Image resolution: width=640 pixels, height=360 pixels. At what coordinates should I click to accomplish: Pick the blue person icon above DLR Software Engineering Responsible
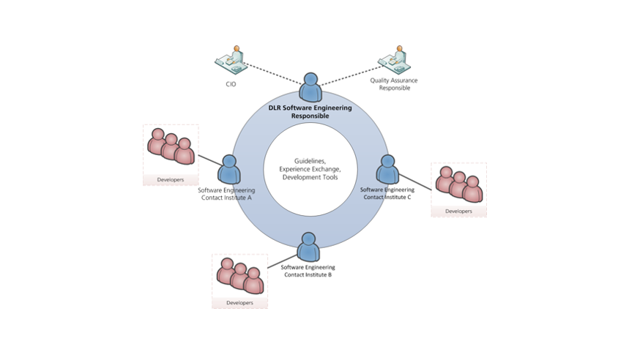click(312, 88)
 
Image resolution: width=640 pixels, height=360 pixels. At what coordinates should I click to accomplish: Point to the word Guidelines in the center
click(310, 160)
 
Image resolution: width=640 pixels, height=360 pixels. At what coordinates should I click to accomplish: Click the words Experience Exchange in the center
click(310, 168)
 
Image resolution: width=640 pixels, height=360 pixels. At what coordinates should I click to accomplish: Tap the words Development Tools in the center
click(310, 177)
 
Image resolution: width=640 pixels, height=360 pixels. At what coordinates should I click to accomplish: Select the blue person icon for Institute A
click(228, 170)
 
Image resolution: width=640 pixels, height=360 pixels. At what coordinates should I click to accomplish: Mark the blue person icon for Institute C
click(387, 170)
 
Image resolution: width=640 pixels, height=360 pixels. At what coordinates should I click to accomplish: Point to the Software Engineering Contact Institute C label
click(387, 193)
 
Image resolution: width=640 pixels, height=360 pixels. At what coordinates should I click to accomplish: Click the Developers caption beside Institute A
click(170, 179)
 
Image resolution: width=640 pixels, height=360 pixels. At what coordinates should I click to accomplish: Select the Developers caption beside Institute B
click(239, 302)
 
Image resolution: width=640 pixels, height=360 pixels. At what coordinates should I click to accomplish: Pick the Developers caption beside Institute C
click(458, 211)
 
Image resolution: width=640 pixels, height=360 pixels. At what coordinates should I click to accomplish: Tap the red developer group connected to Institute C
click(459, 184)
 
